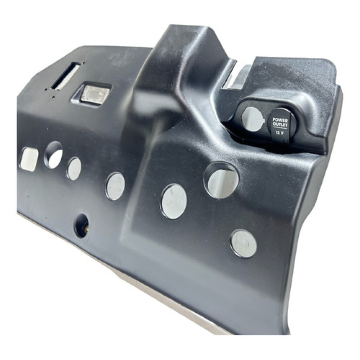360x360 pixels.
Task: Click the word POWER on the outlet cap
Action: tap(280, 120)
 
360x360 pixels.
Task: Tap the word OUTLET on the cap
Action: tap(279, 125)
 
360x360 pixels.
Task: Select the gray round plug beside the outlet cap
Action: tap(252, 119)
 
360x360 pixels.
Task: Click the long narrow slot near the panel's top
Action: tap(65, 76)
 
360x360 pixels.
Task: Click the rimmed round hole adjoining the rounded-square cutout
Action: tap(54, 155)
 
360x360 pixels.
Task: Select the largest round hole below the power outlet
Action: tap(221, 180)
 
